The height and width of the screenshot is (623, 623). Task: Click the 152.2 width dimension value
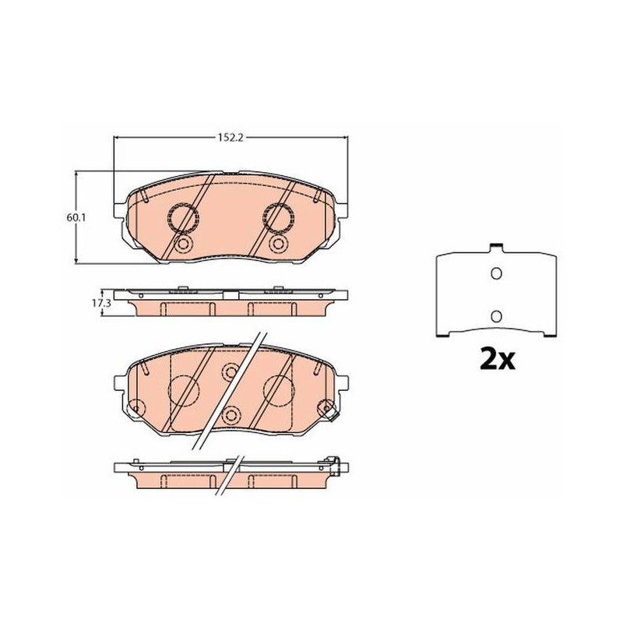coord(231,138)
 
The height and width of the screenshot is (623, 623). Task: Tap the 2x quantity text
coord(497,359)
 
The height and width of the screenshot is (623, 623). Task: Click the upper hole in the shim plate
coord(496,273)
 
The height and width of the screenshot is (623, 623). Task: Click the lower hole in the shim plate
coord(496,316)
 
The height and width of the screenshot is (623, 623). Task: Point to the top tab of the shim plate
coord(495,247)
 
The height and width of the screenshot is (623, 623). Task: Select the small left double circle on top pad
coord(183,244)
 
